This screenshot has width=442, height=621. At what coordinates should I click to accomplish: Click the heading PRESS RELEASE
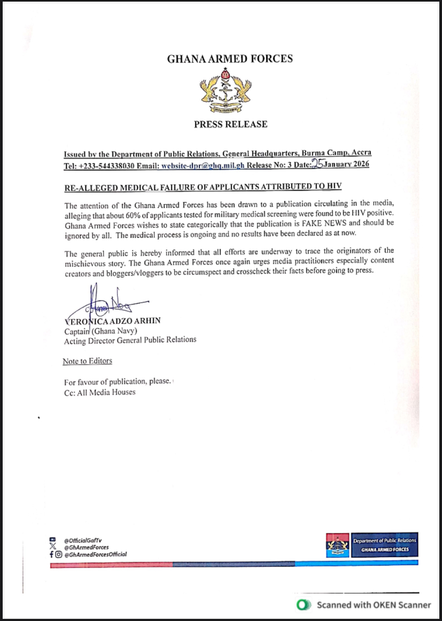[x=231, y=124]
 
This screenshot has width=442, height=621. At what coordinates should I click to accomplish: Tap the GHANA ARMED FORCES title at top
[x=230, y=59]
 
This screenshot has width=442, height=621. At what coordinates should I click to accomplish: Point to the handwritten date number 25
[x=318, y=164]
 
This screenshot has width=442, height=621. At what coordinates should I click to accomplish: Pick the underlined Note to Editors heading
[x=88, y=361]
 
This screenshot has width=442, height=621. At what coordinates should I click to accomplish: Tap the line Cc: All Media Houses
[x=100, y=392]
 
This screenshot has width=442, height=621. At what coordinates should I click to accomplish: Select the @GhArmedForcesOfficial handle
[x=95, y=554]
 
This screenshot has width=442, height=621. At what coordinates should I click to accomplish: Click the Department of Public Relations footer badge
[x=384, y=545]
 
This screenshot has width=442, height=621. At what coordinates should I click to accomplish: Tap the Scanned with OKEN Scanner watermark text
[x=374, y=605]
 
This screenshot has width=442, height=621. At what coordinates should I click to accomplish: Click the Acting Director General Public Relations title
[x=130, y=340]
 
